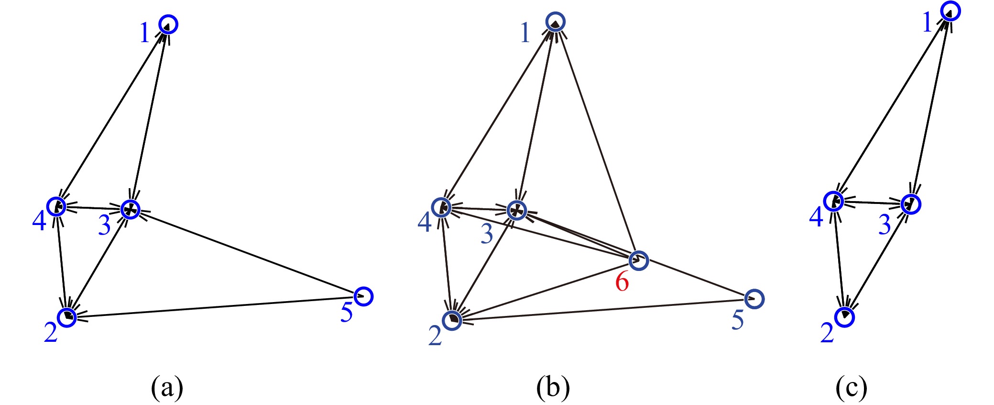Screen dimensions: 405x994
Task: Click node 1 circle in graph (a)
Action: coord(168,24)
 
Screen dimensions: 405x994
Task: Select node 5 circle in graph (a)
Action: coord(363,296)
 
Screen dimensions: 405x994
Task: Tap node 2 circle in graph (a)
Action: coord(67,317)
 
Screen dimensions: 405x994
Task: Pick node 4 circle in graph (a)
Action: coord(56,206)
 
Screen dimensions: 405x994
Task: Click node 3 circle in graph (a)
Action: coord(130,209)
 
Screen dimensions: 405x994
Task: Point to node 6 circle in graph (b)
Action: coord(639,260)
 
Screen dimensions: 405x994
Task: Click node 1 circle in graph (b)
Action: coord(556,22)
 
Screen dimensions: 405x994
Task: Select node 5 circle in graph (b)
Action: coord(754,299)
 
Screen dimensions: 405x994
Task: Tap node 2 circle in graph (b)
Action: coord(452,320)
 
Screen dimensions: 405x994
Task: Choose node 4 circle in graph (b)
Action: coord(441,208)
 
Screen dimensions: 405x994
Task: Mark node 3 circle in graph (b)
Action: coord(517,210)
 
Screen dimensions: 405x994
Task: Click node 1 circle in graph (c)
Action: coord(950,11)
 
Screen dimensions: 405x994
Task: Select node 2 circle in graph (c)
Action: coord(845,317)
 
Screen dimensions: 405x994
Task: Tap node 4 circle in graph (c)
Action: coord(834,201)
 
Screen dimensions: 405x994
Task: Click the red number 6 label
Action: coord(622,281)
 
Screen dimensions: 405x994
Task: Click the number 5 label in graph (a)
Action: coord(347,313)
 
